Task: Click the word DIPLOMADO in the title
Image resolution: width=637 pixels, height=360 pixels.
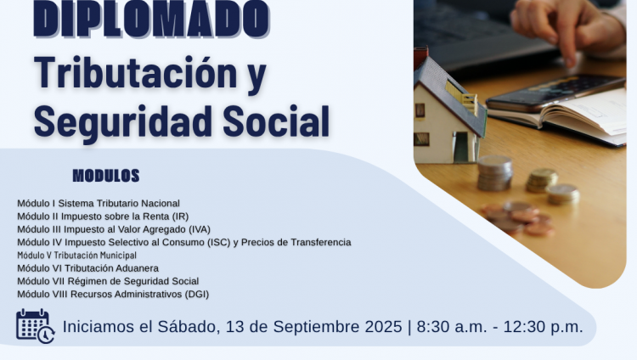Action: pos(151,19)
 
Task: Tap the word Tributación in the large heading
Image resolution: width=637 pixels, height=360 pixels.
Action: pos(136,72)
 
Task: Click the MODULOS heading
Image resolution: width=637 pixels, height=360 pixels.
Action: pos(106,176)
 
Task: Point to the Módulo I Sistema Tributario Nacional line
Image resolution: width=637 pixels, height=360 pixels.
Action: pos(99,203)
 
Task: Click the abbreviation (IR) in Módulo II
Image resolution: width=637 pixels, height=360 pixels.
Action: pos(180,217)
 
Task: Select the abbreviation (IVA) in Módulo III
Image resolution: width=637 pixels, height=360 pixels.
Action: pos(200,229)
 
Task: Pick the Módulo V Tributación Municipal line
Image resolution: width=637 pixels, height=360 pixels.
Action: pos(76,256)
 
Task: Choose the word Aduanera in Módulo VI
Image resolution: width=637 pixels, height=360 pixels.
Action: pos(139,268)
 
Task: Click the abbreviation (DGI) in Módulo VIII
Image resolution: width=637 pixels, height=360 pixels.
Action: pos(197,294)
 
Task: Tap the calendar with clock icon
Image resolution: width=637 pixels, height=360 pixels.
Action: pos(35,326)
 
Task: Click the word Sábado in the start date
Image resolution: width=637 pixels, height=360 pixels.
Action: pos(189,327)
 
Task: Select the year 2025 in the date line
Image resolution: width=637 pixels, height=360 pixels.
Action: pos(384,327)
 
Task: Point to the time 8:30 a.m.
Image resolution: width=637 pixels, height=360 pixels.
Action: pos(452,327)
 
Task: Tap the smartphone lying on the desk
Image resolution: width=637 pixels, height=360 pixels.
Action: pos(555,93)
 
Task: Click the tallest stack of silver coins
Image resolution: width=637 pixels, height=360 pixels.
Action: pos(495,173)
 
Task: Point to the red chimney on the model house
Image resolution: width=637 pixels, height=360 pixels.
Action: pos(421,57)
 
